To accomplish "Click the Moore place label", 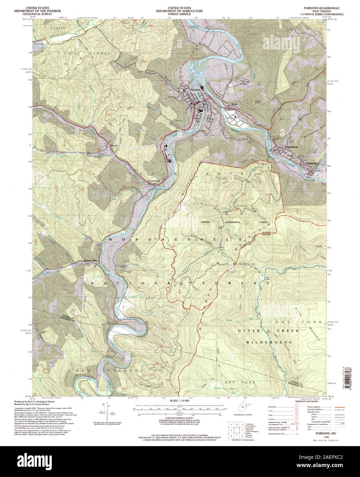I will click(x=114, y=146).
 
